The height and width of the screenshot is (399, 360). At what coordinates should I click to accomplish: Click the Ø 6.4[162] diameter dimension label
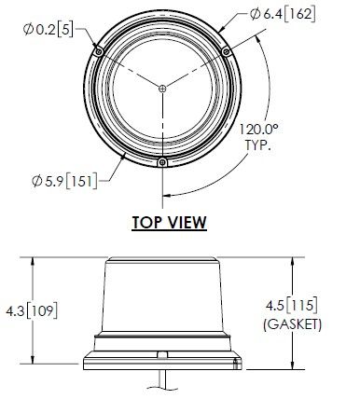[283, 14]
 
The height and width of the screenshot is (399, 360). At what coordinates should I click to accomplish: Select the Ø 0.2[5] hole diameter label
[48, 30]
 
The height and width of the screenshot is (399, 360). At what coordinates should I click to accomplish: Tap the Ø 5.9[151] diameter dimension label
[64, 181]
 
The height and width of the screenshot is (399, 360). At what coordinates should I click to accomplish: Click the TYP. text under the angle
[258, 145]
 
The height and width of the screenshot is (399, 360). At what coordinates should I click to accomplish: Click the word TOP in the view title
[147, 223]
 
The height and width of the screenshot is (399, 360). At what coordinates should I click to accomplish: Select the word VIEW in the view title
[187, 223]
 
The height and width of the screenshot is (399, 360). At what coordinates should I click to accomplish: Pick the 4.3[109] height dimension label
[32, 311]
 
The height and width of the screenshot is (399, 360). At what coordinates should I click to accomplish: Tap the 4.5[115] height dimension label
[292, 305]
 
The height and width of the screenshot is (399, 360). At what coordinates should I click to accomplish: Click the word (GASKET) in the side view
[292, 324]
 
